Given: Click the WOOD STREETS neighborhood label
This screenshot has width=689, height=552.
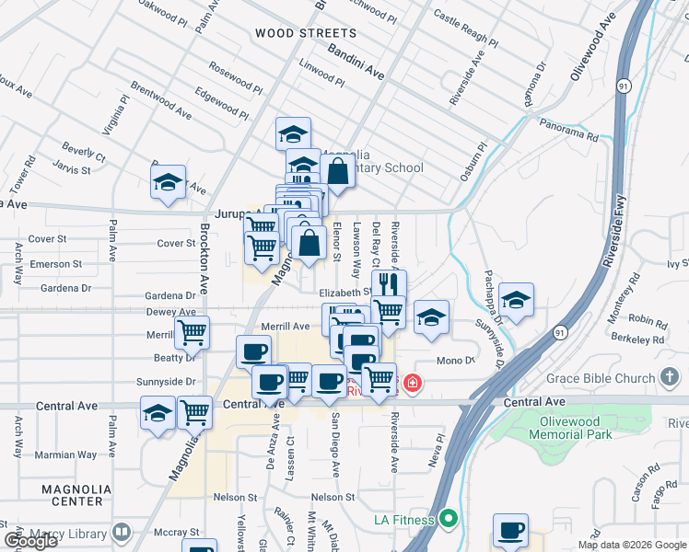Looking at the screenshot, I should pyautogui.click(x=292, y=33).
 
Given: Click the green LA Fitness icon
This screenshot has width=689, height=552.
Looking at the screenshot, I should pyautogui.click(x=449, y=520).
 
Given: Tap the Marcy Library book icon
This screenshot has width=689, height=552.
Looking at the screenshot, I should pyautogui.click(x=121, y=533).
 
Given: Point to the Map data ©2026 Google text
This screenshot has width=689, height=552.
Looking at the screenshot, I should pyautogui.click(x=631, y=545).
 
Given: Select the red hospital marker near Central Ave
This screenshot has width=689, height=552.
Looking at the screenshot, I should pyautogui.click(x=413, y=382).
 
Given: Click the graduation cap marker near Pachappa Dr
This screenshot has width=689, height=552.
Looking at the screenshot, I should pyautogui.click(x=516, y=300).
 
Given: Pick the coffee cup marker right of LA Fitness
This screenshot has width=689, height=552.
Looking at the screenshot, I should pyautogui.click(x=510, y=531).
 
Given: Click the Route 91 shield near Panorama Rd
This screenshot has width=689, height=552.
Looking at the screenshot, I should pyautogui.click(x=625, y=86).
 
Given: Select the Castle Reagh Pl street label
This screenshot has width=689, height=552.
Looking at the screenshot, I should pyautogui.click(x=465, y=29).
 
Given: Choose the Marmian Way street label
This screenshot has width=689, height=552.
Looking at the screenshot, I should pyautogui.click(x=65, y=455).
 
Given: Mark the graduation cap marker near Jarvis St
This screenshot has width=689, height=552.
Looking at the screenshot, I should pyautogui.click(x=169, y=181).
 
